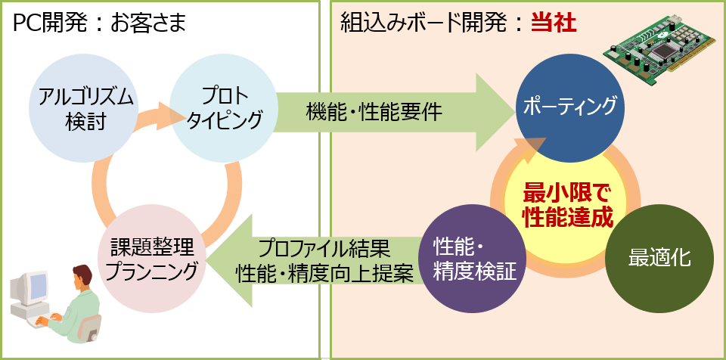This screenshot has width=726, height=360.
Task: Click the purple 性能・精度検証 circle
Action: [x=473, y=259]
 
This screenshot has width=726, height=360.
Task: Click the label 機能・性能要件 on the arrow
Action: [x=374, y=112]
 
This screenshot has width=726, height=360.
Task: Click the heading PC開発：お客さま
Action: [x=99, y=23]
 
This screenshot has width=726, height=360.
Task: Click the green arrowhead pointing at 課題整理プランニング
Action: [x=227, y=260]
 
